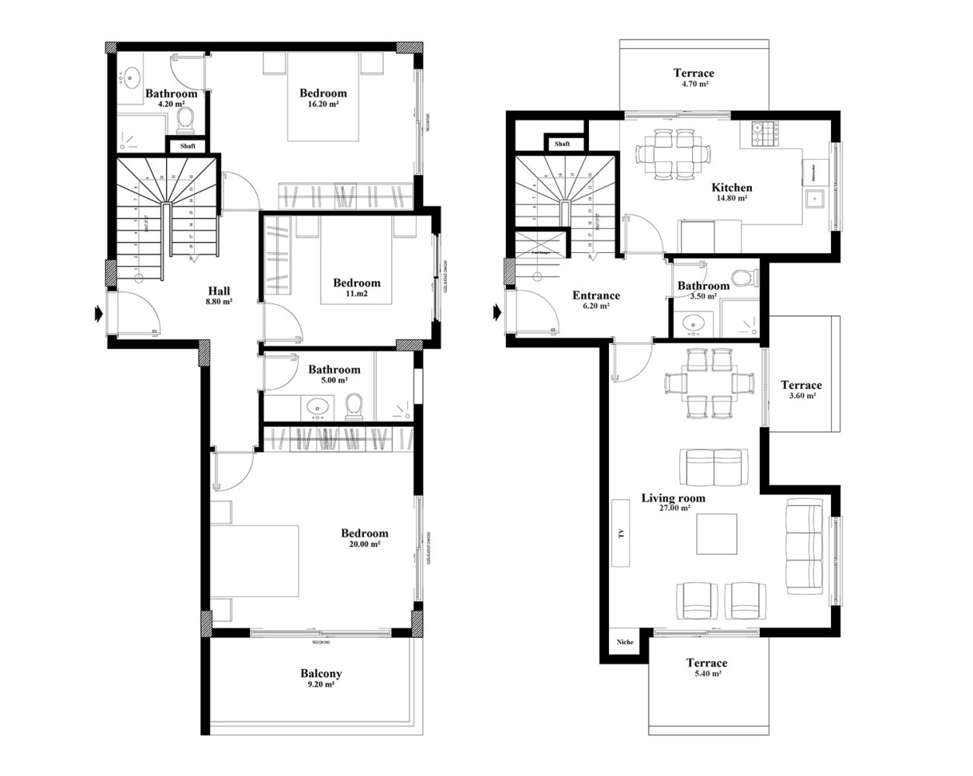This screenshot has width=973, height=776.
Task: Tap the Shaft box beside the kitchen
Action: pos(563,144)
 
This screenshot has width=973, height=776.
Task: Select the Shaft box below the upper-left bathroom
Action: pos(188,146)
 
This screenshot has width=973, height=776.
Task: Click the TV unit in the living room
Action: pos(621,535)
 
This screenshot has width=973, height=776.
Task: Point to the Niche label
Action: pos(625,643)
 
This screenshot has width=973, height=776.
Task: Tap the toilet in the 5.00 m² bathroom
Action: pos(355,406)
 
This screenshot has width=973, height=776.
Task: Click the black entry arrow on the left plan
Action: pos(98,314)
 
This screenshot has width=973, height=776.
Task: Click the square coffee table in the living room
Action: pos(717,535)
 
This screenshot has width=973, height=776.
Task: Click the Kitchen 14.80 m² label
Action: pos(731,192)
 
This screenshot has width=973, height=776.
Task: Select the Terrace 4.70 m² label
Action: pos(693,78)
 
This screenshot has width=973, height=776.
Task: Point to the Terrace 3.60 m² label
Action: pos(801,390)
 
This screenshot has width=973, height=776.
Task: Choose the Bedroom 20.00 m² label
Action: pos(364,539)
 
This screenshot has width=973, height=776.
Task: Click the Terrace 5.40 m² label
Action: pos(706,667)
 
